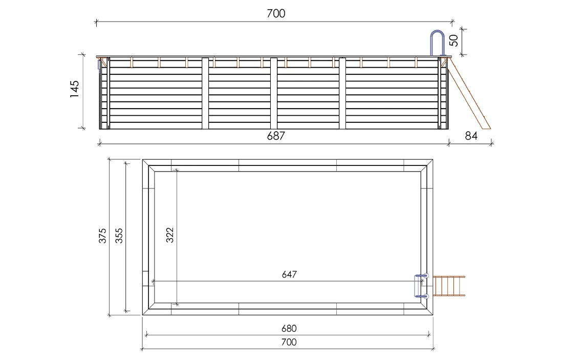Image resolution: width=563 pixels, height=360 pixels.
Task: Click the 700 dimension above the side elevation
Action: point(275,14)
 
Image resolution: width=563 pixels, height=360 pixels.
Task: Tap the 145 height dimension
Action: point(75,90)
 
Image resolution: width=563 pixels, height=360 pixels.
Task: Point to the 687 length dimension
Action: point(275,136)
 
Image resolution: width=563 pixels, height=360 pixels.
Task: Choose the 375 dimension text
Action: point(102,236)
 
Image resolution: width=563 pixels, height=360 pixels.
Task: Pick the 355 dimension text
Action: point(119,236)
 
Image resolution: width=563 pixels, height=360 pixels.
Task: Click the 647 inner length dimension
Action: point(289,274)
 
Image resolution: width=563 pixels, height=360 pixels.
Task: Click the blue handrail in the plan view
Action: point(420,286)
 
